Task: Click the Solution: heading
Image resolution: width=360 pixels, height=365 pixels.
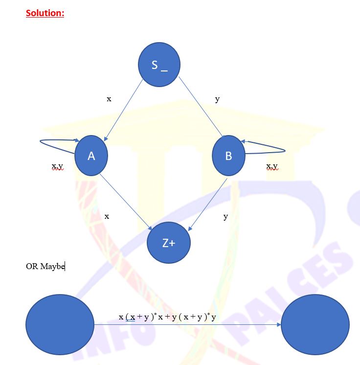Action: click(45, 13)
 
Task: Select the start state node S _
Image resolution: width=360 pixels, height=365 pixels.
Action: click(159, 65)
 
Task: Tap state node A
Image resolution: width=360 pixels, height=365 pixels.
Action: click(91, 156)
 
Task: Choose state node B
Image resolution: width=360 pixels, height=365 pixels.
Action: click(228, 156)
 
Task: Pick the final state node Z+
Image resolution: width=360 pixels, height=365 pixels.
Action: click(168, 243)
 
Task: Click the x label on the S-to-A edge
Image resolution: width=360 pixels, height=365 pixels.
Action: click(109, 99)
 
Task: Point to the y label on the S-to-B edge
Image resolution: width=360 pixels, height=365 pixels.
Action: click(217, 99)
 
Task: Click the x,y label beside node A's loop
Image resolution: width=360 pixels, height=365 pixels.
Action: click(57, 167)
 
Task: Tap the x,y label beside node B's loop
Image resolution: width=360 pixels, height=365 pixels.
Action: click(272, 167)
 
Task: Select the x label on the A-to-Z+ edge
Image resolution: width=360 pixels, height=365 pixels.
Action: click(107, 216)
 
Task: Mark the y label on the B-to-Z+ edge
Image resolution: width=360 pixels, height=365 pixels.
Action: click(225, 216)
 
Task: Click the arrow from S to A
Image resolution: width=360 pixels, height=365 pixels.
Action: click(123, 110)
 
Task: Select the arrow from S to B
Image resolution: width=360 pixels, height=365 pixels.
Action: click(201, 108)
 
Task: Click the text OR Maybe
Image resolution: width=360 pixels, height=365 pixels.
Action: click(45, 266)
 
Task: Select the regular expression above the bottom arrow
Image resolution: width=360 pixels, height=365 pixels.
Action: click(167, 317)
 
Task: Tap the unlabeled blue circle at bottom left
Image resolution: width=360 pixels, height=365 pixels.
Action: click(60, 324)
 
